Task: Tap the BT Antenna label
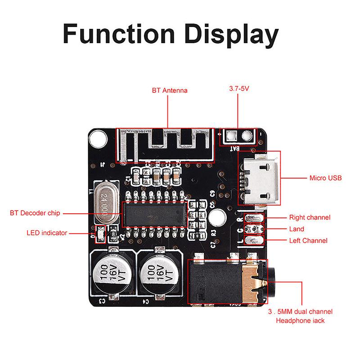[x=169, y=90]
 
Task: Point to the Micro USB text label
[x=325, y=178]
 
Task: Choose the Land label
[x=297, y=229]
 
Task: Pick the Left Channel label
[x=308, y=240]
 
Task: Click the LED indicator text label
[x=46, y=233]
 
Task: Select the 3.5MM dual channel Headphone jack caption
[x=300, y=316]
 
